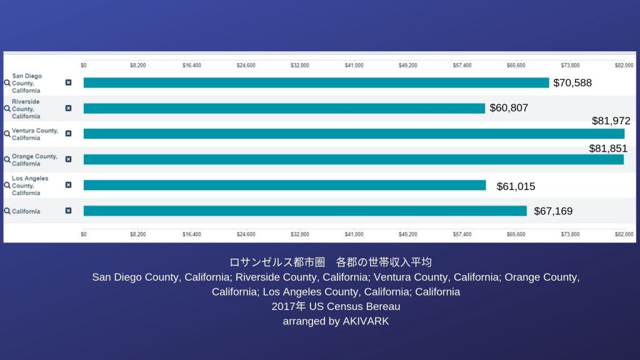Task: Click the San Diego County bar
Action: tap(316, 82)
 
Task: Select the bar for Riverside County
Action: tap(284, 108)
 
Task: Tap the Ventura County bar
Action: tap(354, 134)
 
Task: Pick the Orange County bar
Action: tap(353, 159)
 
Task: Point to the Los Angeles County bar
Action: tap(284, 185)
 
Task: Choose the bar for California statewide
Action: tap(305, 211)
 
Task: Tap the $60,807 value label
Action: tap(509, 108)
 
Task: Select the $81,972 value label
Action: tap(611, 121)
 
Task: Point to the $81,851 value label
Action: tap(608, 149)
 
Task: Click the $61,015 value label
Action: tap(516, 186)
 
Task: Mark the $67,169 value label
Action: tap(553, 211)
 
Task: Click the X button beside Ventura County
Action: tap(68, 134)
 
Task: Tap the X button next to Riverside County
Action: tap(68, 108)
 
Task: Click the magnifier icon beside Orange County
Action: tap(7, 159)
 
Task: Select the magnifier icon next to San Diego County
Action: tap(7, 82)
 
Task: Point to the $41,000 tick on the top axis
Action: tap(354, 65)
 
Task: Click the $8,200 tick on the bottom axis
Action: tap(137, 234)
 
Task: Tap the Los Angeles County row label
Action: tap(30, 186)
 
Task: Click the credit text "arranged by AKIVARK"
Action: tap(336, 321)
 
